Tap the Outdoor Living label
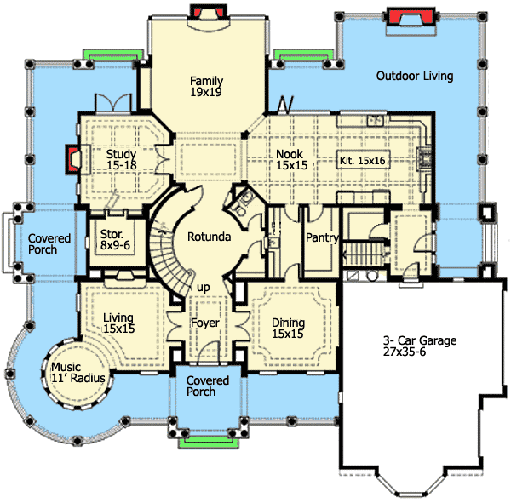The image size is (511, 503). click(414, 77)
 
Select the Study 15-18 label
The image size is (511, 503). click(122, 161)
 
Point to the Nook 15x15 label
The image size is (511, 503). click(290, 161)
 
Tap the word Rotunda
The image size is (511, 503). click(210, 237)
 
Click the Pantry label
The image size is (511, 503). click(322, 238)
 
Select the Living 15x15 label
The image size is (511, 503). click(119, 323)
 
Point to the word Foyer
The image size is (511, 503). click(205, 323)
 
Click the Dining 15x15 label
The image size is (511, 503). click(288, 329)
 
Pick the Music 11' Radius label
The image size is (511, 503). click(76, 374)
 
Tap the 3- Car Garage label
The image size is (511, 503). click(418, 346)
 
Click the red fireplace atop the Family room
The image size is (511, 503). click(205, 12)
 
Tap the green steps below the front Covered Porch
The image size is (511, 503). click(206, 440)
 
